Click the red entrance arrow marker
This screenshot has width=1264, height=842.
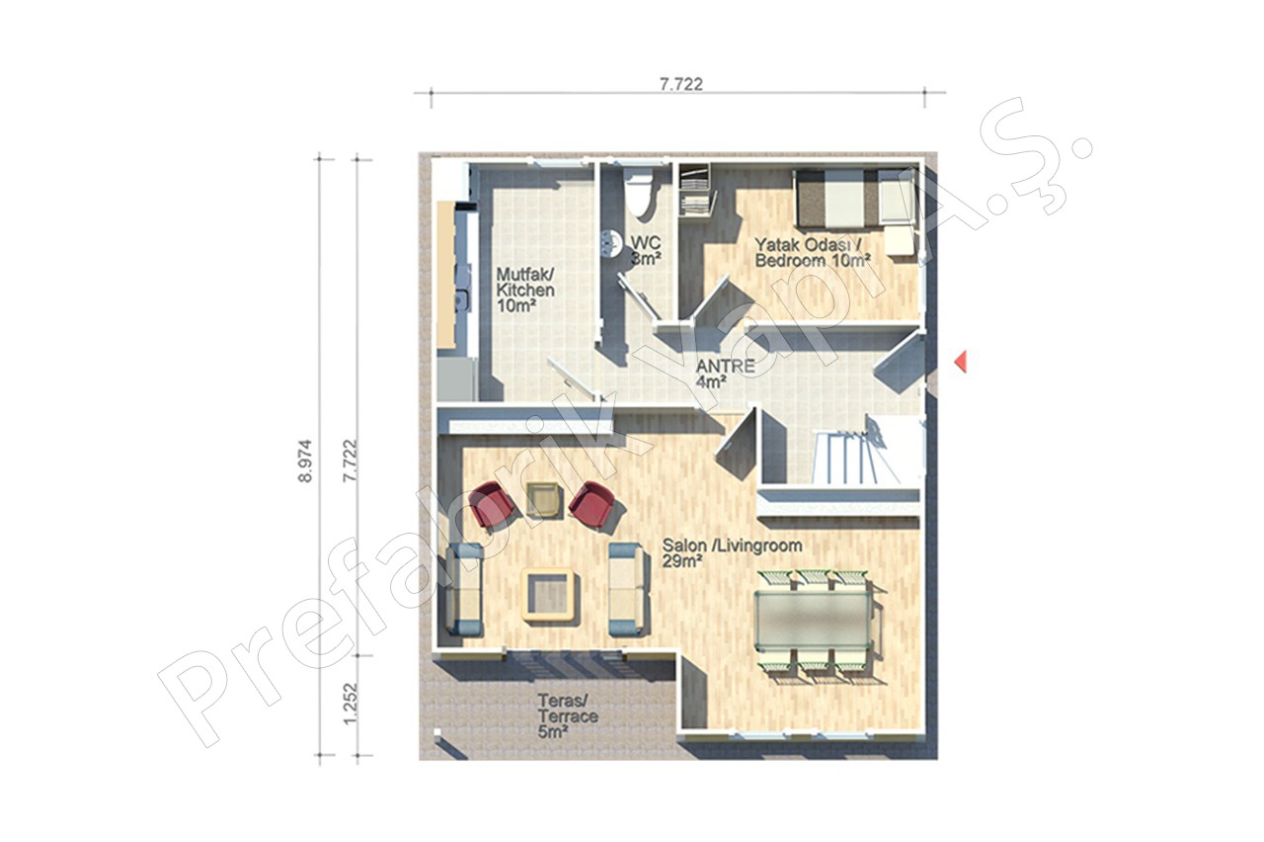[x=961, y=362]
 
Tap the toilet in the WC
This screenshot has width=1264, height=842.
[x=639, y=193]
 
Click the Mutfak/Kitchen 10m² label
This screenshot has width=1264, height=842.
[x=525, y=291]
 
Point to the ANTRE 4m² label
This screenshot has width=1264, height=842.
[x=725, y=374]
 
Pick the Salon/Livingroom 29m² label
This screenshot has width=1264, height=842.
[x=732, y=553]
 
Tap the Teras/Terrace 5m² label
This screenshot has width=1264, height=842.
[x=568, y=716]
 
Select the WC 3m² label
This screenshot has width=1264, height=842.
[x=646, y=251]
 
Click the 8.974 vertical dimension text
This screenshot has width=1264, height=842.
[x=305, y=461]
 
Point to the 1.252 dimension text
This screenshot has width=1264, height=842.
[x=351, y=703]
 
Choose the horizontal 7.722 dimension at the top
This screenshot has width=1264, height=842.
[x=681, y=84]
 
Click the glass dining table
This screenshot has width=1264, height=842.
[x=813, y=620]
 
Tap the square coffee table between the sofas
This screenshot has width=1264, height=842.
[x=550, y=595]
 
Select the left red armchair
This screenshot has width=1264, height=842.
[x=491, y=505]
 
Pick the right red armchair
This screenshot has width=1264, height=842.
[x=591, y=504]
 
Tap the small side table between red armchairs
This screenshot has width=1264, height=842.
[x=543, y=499]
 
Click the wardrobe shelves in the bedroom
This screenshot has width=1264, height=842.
[x=694, y=190]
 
